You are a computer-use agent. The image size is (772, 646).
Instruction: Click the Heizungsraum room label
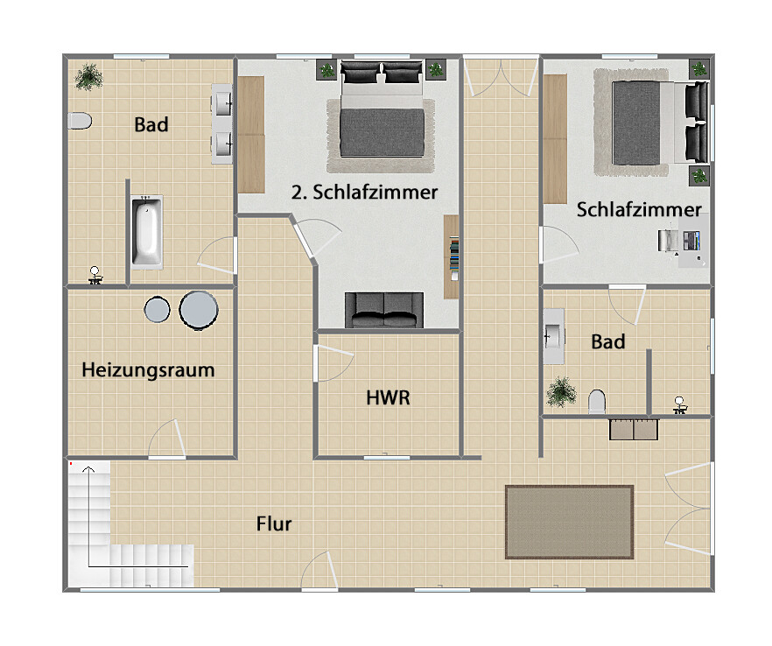pyautogui.click(x=148, y=369)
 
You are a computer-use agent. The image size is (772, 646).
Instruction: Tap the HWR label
pyautogui.click(x=388, y=397)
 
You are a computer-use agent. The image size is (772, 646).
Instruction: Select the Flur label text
pyautogui.click(x=274, y=523)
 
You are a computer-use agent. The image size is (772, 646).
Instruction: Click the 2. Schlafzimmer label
pyautogui.click(x=364, y=192)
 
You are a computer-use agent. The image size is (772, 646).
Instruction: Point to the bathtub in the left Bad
pyautogui.click(x=147, y=232)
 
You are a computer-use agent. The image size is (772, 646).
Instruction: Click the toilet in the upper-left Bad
pyautogui.click(x=80, y=121)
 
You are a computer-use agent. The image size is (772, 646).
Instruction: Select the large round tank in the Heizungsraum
pyautogui.click(x=199, y=310)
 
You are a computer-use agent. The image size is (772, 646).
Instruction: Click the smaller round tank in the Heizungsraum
pyautogui.click(x=157, y=310)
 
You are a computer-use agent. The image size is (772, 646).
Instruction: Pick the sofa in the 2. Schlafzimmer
pyautogui.click(x=384, y=310)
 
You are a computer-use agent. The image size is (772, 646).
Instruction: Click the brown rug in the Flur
pyautogui.click(x=569, y=522)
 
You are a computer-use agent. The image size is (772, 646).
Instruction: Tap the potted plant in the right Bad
pyautogui.click(x=561, y=392)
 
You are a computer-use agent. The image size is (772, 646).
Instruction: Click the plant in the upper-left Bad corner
pyautogui.click(x=88, y=77)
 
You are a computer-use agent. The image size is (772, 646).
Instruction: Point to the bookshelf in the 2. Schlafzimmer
pyautogui.click(x=452, y=256)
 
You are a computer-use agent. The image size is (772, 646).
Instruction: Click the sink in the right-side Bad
pyautogui.click(x=553, y=336)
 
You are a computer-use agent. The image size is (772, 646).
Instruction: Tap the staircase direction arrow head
pyautogui.click(x=88, y=469)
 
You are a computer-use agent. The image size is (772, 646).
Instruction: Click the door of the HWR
pyautogui.click(x=334, y=363)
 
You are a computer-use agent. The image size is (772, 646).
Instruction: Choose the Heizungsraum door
pyautogui.click(x=167, y=439)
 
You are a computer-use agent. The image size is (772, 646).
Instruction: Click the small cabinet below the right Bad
pyautogui.click(x=634, y=429)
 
